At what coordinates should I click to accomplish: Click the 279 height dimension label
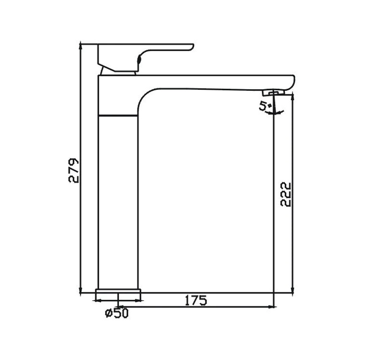point(75,170)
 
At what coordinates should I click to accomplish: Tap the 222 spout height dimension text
point(286,194)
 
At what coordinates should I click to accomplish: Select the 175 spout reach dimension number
point(195,300)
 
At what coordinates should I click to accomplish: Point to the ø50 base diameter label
point(116,312)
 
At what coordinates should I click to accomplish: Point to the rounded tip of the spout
point(291,82)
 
